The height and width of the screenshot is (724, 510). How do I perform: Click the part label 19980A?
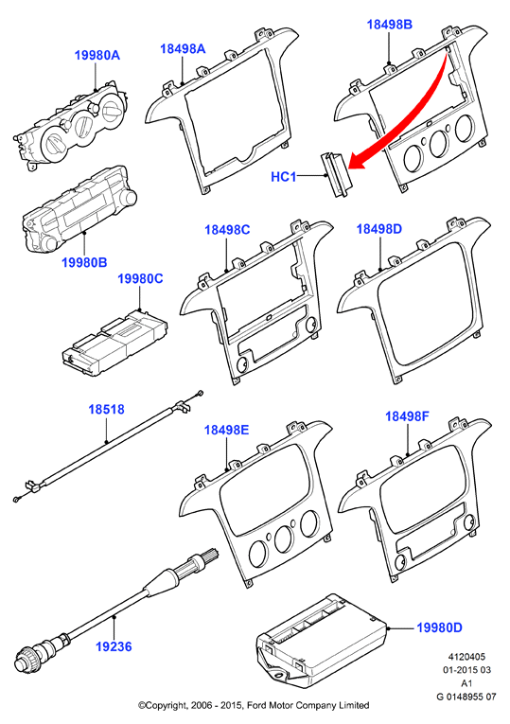coord(97,56)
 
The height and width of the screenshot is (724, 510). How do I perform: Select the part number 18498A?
coord(183,49)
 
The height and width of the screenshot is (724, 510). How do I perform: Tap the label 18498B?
coord(389,25)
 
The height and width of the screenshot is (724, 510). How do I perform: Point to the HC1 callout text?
coord(283,176)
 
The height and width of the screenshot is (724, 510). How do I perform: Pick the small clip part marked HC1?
coord(336,175)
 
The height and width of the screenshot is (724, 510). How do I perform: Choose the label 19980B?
coord(84,262)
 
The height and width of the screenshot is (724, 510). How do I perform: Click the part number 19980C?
coord(140,279)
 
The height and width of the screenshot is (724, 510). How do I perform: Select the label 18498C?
coord(227,229)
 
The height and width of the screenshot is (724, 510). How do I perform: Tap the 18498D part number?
coord(379,229)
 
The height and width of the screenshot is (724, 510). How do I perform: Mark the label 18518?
coord(107,409)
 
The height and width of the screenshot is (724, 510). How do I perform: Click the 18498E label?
coord(227,430)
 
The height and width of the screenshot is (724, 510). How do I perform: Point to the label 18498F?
coord(408,416)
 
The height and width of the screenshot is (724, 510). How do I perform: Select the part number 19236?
coord(114,646)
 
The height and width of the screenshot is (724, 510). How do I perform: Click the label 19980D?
coord(439,627)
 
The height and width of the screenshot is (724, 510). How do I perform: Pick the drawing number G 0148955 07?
coord(466,697)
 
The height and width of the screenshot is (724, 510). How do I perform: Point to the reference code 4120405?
coord(467,657)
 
